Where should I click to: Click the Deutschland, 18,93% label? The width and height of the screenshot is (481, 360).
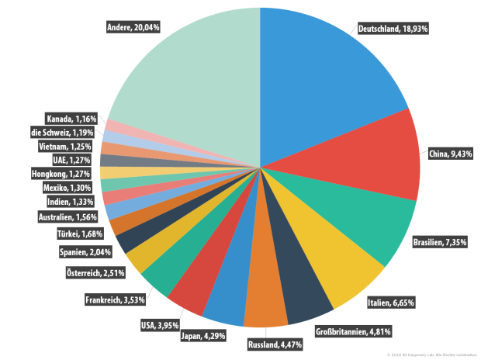[393, 29]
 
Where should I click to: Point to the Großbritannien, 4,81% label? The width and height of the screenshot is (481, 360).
[353, 332]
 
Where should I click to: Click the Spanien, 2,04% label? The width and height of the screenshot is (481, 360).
[85, 251]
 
